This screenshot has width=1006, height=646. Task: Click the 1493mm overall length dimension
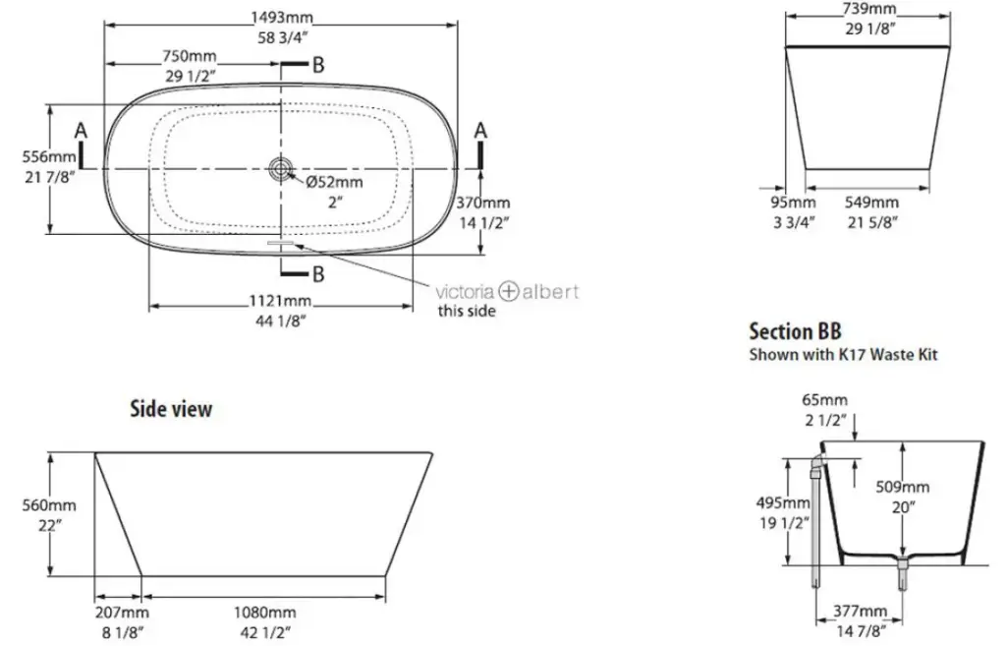tap(282, 17)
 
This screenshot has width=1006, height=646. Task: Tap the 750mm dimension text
tap(190, 56)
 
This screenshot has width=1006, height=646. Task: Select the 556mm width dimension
tap(49, 156)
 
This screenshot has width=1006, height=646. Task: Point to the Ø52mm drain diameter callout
tap(334, 182)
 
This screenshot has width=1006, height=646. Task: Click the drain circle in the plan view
tap(280, 169)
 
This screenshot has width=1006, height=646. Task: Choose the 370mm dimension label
tap(483, 203)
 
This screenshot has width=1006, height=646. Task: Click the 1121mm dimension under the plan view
tap(280, 301)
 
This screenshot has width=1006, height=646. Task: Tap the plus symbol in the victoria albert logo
tap(508, 291)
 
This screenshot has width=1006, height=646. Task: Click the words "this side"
tap(467, 311)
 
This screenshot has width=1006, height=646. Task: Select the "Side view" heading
tap(171, 408)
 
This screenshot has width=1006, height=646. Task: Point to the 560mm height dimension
tap(49, 505)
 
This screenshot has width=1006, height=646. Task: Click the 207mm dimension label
tap(122, 613)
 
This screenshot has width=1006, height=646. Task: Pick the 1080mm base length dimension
tap(264, 613)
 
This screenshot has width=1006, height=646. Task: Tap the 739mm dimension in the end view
tap(868, 8)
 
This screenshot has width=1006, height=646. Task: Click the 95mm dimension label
tap(793, 203)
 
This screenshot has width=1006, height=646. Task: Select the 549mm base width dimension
tap(871, 203)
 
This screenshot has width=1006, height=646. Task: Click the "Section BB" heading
tap(795, 331)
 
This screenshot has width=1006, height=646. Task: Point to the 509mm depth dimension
tap(902, 488)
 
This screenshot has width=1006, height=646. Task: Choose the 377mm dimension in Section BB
tap(860, 610)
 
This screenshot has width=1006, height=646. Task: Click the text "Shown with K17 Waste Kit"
tap(843, 355)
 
